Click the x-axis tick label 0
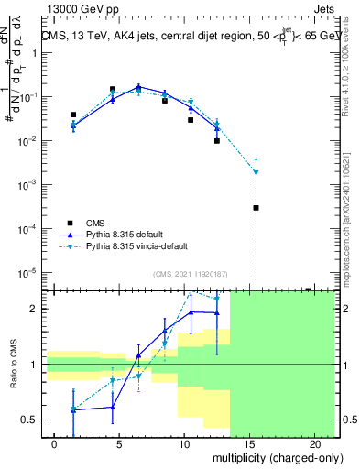click(55, 444)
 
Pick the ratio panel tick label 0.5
click(30, 420)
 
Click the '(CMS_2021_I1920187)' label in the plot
click(190, 274)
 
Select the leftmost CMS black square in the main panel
click(73, 115)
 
